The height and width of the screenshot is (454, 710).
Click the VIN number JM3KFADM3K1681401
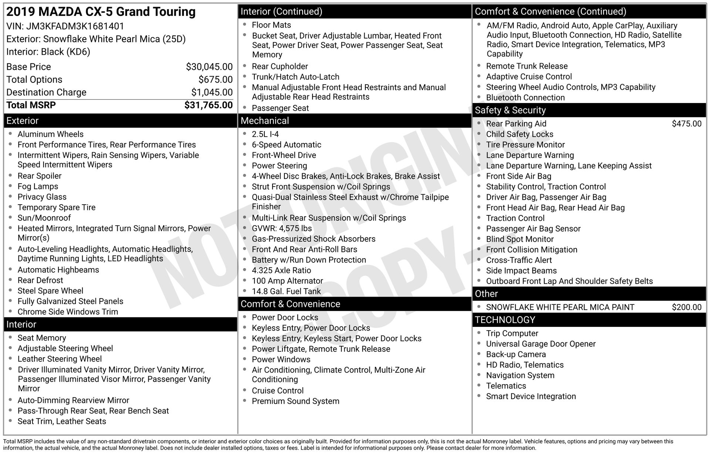pos(75,26)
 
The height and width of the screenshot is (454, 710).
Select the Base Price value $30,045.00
pos(209,67)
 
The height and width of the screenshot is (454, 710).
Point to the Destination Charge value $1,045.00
pos(212,92)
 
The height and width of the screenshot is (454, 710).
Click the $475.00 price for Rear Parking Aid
pos(686,124)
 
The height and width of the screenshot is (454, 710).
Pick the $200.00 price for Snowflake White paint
pos(686,307)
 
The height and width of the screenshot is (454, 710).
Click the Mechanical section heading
pos(265,121)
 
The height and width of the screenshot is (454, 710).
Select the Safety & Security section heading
pos(510,110)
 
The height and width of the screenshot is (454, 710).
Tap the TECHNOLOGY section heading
pos(505,320)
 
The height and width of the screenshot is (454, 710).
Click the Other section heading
pos(486,294)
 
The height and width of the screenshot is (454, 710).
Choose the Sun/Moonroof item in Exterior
pos(44,218)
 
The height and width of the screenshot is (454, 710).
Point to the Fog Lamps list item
pos(38,187)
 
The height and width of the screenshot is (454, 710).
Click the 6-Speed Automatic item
pos(286,145)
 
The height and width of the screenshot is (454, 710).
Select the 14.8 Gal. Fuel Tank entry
pos(286,291)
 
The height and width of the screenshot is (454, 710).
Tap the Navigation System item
pos(520,376)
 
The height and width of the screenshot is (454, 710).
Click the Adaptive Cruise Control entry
pos(529,77)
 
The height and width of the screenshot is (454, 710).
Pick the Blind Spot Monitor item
pos(520,239)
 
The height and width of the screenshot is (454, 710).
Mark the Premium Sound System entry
pos(295,401)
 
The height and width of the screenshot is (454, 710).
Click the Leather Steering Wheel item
pos(60,359)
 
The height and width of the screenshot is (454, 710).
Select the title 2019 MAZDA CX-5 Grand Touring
pos(101,12)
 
